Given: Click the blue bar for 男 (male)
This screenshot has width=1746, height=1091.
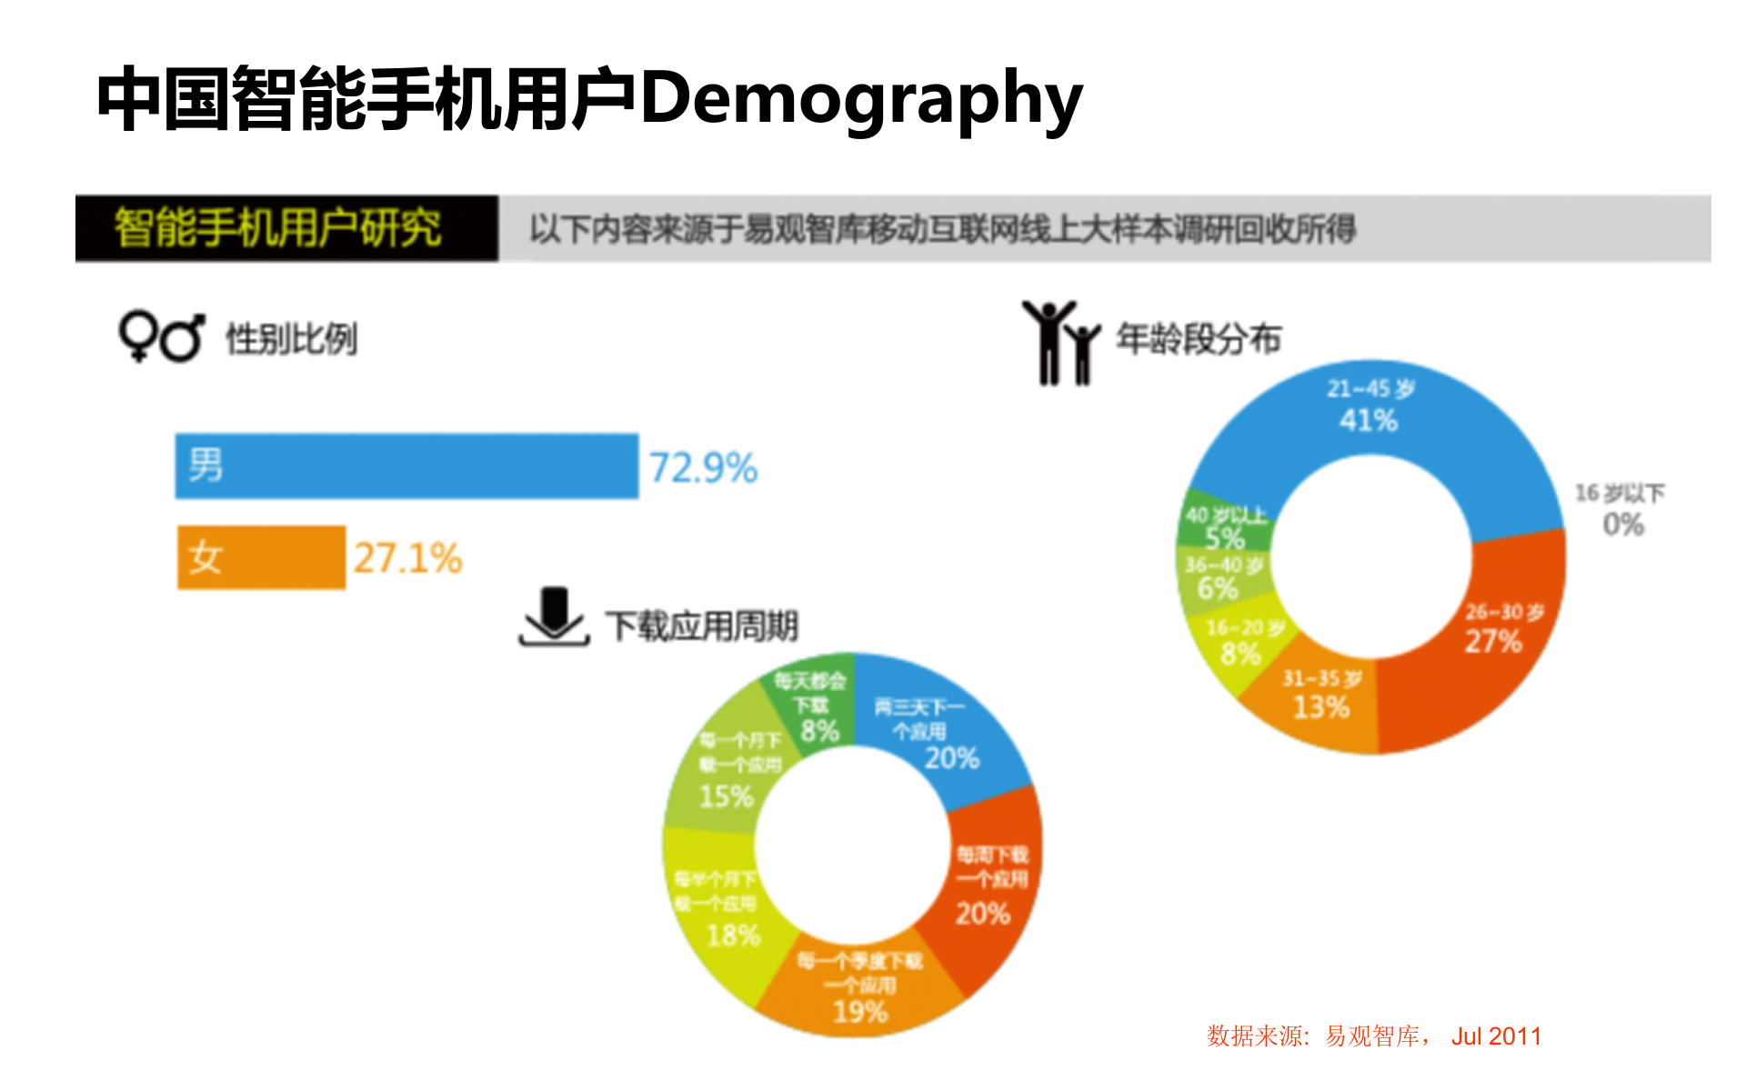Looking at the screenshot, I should (406, 465).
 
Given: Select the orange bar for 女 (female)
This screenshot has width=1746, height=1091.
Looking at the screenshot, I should (261, 556).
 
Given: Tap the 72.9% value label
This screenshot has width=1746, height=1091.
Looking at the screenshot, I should (703, 468).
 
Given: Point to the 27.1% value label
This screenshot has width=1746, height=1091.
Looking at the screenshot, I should (408, 558).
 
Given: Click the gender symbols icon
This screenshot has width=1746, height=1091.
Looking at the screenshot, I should (161, 338).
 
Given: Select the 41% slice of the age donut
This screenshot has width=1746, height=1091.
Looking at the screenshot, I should (1370, 409).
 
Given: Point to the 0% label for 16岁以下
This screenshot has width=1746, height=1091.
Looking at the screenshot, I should (1622, 525).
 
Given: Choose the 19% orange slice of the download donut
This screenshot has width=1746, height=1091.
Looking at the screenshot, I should (859, 991).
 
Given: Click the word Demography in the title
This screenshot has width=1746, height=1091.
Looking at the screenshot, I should (861, 98).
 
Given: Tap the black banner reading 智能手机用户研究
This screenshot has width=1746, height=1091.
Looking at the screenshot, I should (286, 228).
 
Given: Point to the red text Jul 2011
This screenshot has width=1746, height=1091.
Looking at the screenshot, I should (1496, 1036).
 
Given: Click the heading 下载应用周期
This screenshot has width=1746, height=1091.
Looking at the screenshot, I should (702, 626).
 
